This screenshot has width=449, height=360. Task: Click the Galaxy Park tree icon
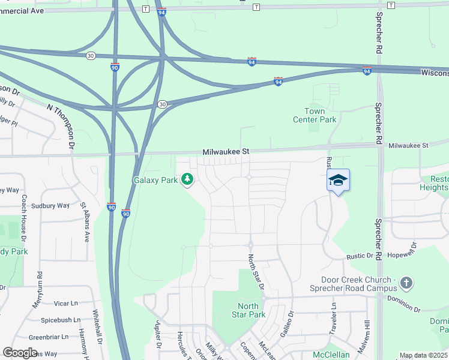click(187, 179)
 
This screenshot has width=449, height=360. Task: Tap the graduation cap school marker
click(338, 180)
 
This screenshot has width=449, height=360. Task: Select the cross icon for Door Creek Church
click(406, 283)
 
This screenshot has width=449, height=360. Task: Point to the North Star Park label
click(248, 310)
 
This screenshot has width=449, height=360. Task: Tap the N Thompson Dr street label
click(64, 126)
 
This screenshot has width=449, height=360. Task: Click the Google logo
click(20, 353)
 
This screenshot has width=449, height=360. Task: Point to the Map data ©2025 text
click(423, 355)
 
